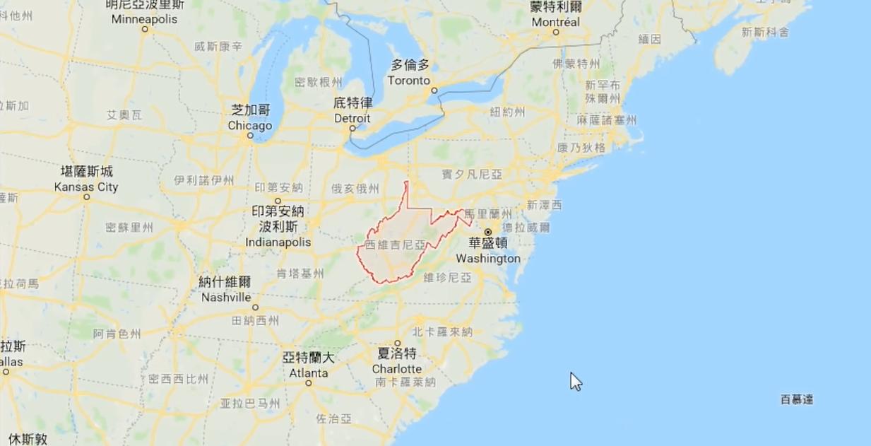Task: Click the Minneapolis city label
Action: coord(144,19)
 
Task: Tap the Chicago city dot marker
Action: coord(250,136)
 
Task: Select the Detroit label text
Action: coord(352,117)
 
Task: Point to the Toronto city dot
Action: coord(434,90)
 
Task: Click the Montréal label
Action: coord(555,22)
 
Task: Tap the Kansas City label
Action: coord(86,187)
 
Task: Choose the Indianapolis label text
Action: coord(278,242)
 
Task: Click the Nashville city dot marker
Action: coord(255,307)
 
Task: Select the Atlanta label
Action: coord(308,372)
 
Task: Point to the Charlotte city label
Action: coord(397,369)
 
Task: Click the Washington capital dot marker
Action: coord(487,232)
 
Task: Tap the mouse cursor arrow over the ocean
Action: coord(575,381)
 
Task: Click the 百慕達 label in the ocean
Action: coord(796,400)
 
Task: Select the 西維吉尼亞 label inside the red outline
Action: coord(396,245)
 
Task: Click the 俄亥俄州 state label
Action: coord(355,189)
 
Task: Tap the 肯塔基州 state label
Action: coord(299,274)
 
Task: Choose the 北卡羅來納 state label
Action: coord(442,331)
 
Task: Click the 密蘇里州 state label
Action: coord(129,228)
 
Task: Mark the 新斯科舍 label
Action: coord(765,32)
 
